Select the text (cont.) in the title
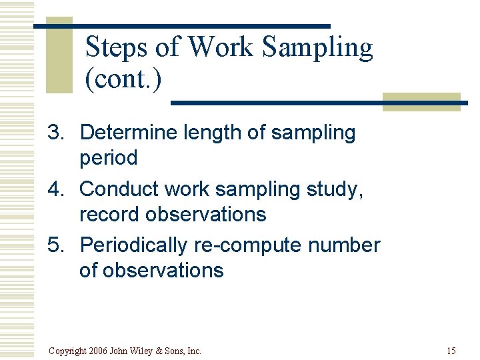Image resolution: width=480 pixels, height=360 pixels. [123, 79]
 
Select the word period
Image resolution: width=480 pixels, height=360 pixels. [108, 159]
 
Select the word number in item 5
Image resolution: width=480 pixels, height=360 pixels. [344, 245]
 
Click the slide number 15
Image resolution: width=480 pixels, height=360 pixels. [451, 351]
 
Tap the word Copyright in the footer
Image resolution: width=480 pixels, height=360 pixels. [67, 351]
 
